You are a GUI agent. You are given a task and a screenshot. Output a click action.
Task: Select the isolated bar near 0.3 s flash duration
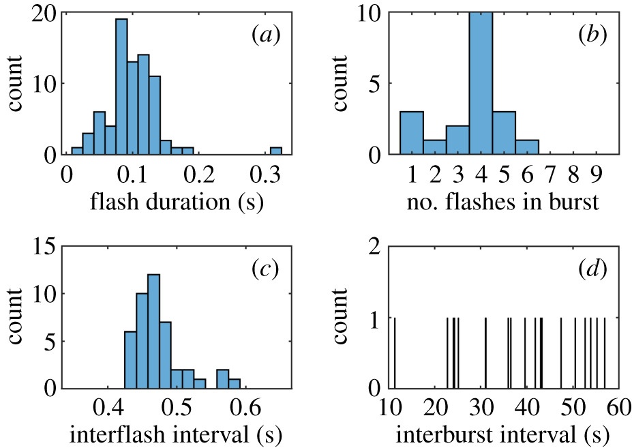click(275, 151)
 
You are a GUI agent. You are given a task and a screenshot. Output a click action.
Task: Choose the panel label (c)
click(261, 269)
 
